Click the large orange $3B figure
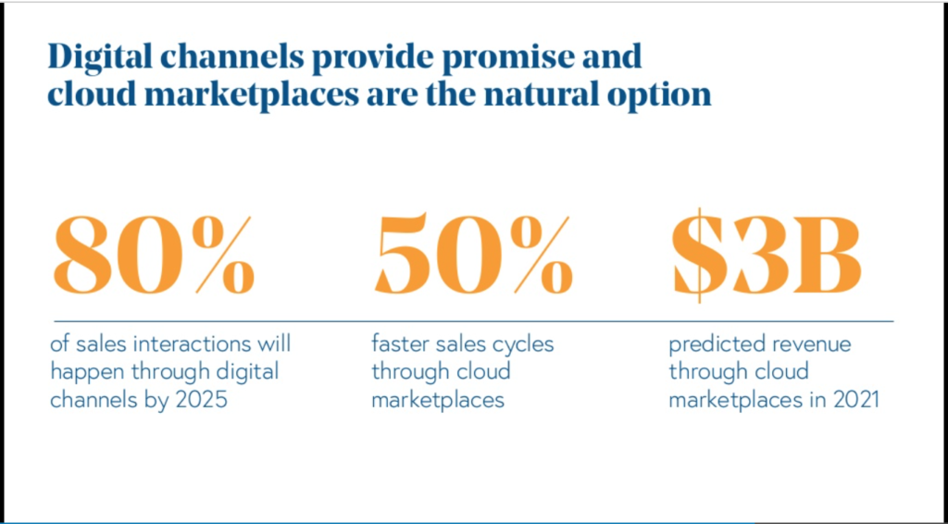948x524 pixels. tap(766, 255)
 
